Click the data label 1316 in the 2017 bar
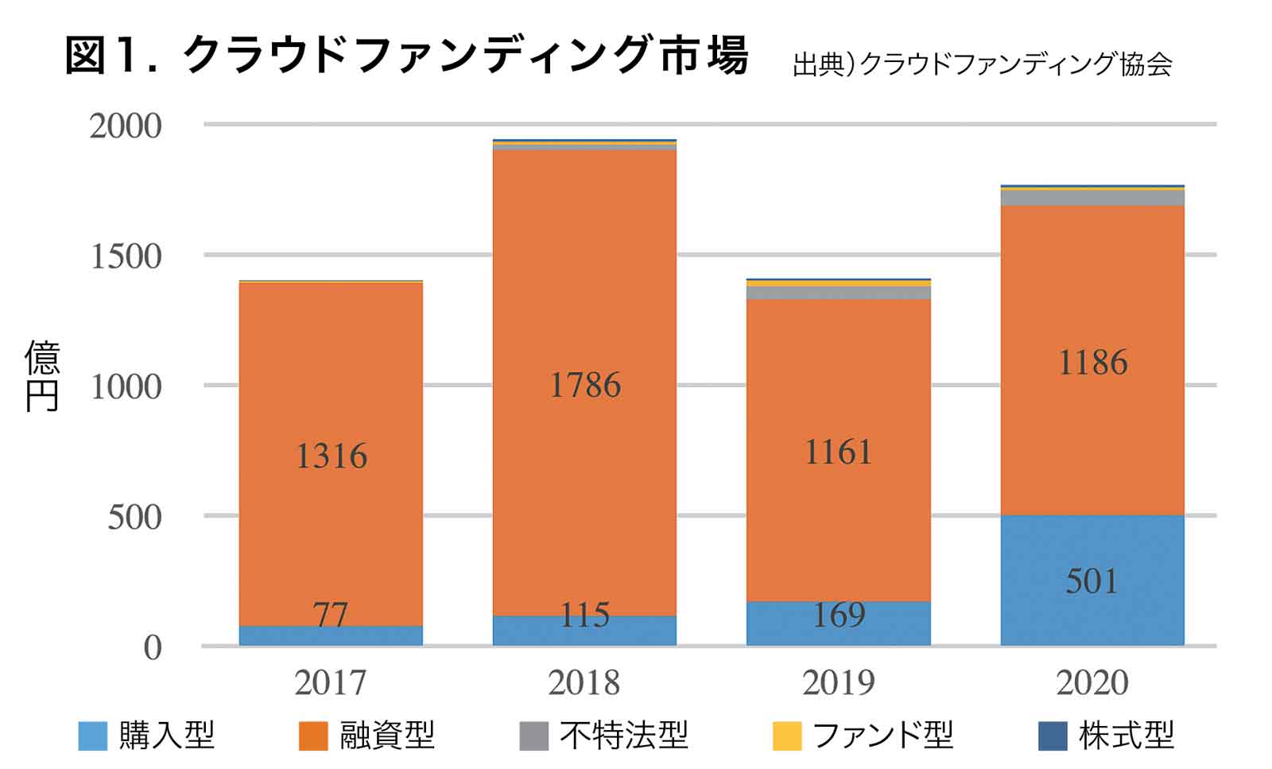(x=331, y=456)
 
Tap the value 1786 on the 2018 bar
(x=585, y=386)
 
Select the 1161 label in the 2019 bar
(x=839, y=452)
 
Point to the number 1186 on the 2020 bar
(x=1092, y=363)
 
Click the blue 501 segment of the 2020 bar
(x=1092, y=581)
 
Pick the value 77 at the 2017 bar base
(x=330, y=615)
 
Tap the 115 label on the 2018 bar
(x=585, y=615)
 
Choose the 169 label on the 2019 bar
(x=839, y=615)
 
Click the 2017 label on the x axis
(x=330, y=682)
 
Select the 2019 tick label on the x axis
(x=839, y=682)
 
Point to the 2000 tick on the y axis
(x=126, y=126)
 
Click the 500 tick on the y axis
(x=135, y=518)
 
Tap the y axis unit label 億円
(x=42, y=376)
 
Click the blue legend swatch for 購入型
(x=92, y=736)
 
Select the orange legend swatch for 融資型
(x=312, y=736)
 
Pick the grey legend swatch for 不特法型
(x=533, y=736)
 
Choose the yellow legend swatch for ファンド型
(x=786, y=736)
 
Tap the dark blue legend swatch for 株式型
(x=1053, y=736)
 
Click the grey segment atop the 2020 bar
(x=1092, y=197)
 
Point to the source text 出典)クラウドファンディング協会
(x=982, y=64)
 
